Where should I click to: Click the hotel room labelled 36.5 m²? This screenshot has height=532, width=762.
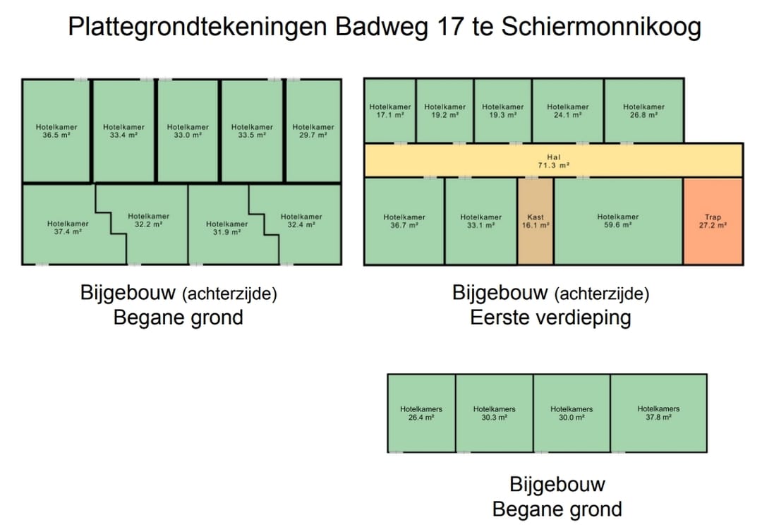point(56,131)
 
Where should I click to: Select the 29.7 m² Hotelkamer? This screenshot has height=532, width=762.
point(313,131)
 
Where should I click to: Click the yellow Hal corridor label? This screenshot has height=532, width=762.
point(553,161)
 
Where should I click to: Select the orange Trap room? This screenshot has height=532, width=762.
point(713,222)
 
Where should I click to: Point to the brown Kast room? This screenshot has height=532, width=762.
point(536,222)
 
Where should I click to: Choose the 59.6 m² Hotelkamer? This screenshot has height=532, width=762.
point(617,222)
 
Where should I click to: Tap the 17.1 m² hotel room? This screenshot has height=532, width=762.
point(389,111)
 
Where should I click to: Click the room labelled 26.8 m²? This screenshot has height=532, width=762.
point(643,111)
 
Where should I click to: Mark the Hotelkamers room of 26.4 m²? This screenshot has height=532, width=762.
point(421,413)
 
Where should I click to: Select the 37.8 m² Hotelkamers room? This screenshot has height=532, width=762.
point(658,413)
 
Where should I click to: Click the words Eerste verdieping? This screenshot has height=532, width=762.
point(550,318)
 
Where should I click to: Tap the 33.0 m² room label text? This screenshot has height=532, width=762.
point(188,131)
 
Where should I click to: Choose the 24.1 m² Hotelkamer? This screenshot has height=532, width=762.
point(567,111)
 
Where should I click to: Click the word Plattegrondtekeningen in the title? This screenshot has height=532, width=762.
point(198,28)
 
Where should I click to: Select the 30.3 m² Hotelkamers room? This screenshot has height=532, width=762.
point(494,413)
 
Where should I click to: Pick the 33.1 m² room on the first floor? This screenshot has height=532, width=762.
point(480,222)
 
